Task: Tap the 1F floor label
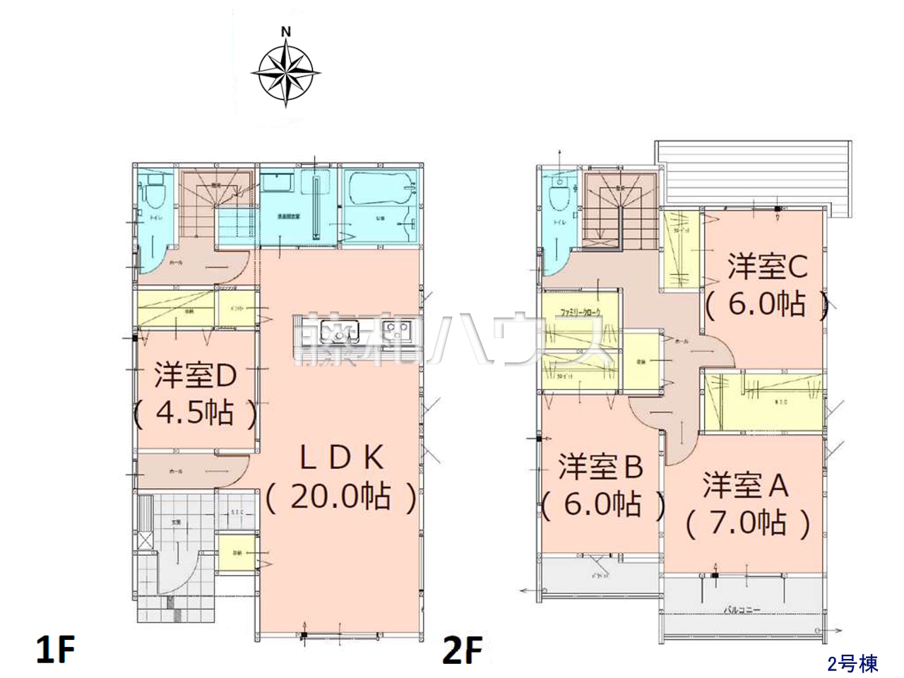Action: pos(55,649)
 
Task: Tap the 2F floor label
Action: pos(463,649)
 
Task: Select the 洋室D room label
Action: pos(196,376)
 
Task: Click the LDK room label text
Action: pos(342,458)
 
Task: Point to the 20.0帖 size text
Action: pos(342,496)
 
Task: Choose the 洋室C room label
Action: pos(767,267)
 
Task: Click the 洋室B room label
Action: pos(601,467)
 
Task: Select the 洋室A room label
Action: pos(746,486)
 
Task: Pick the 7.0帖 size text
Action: pos(747,523)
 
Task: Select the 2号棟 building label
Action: pos(852,664)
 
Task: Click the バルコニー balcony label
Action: pos(741,609)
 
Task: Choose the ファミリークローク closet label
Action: pos(580,311)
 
